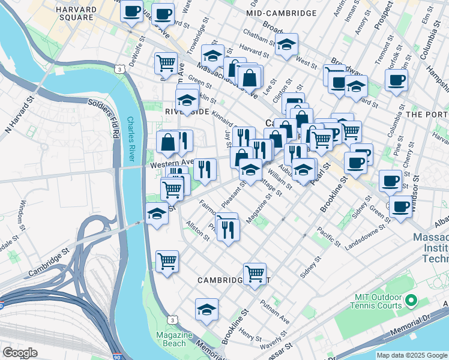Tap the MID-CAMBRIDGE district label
point(282,13)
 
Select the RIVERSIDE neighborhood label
point(186,112)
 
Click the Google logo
point(20,352)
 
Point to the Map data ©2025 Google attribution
point(412,355)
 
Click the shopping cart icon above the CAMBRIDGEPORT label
point(255,273)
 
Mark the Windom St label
point(22,214)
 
